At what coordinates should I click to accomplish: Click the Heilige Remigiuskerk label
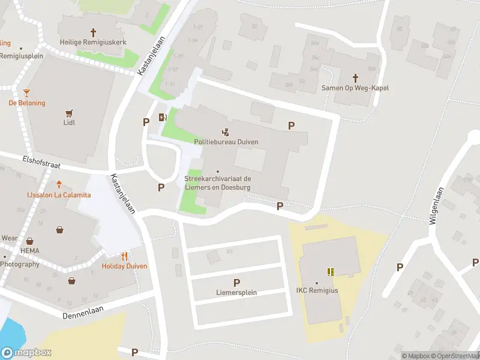[x=93, y=42]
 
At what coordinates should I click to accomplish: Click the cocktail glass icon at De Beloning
[x=26, y=92]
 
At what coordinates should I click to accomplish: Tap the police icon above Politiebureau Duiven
[x=226, y=132]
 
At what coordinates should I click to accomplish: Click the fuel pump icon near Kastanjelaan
[x=162, y=117]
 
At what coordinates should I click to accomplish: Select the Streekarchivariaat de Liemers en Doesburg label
[x=217, y=183]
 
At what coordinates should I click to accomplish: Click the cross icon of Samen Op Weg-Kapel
[x=355, y=77]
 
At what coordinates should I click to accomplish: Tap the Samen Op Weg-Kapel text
[x=355, y=88]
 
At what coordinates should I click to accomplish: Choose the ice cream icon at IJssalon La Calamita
[x=59, y=185]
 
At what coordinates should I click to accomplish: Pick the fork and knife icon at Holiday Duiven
[x=124, y=256]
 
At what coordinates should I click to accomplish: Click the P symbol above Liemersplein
[x=236, y=283]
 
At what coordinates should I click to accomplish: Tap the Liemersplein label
[x=236, y=293]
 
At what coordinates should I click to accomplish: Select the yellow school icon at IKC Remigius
[x=330, y=271]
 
